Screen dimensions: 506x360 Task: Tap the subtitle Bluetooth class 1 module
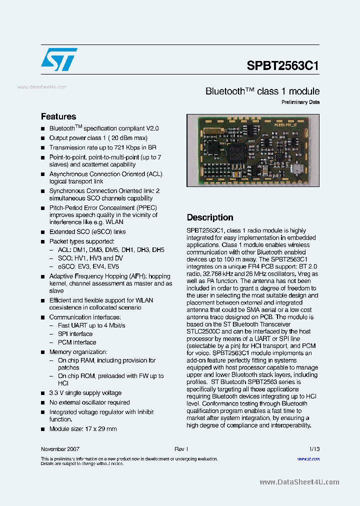tap(262, 91)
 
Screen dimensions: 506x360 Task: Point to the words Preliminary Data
tap(300, 102)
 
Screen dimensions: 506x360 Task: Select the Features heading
tap(58, 116)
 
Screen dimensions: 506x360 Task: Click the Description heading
tap(210, 217)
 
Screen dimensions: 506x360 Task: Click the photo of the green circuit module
tap(252, 150)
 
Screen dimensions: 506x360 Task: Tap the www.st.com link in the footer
tap(308, 458)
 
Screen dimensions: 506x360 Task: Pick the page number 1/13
tap(314, 449)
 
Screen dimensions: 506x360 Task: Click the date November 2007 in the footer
tap(60, 449)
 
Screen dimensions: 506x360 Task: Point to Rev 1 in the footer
tap(181, 449)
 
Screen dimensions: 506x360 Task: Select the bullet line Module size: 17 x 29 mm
tap(82, 429)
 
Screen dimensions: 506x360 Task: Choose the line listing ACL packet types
tap(111, 250)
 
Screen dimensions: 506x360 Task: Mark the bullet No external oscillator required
tap(89, 402)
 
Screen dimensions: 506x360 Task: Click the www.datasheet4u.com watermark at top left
tap(42, 87)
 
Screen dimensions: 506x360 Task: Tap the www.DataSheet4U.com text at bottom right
tap(299, 482)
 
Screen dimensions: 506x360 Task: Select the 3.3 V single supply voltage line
tap(85, 393)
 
